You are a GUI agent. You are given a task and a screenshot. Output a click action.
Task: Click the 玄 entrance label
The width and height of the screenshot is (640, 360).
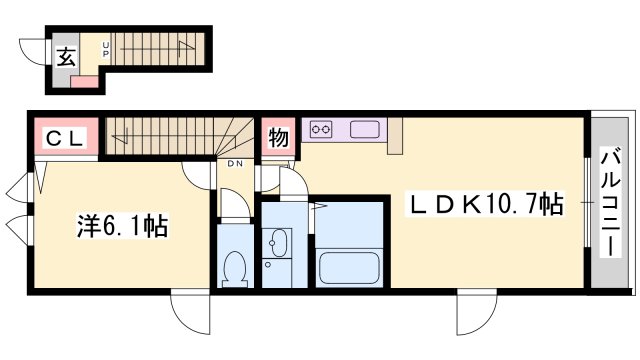(x=66, y=57)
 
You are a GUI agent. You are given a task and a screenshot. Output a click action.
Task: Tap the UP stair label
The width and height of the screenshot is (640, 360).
(x=106, y=49)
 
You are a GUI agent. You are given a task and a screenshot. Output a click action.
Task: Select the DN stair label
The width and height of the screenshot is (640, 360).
(x=235, y=164)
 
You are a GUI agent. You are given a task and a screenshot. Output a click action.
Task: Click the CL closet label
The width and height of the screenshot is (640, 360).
(x=65, y=138)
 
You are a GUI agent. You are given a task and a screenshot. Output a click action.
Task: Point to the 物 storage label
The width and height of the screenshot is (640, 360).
(x=278, y=137)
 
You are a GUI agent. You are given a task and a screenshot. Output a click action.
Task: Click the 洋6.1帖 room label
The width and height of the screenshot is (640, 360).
(x=122, y=226)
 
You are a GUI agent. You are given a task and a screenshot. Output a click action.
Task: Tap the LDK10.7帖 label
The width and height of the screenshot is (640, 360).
(x=484, y=204)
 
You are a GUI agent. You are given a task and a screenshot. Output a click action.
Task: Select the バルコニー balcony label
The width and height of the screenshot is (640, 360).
(x=610, y=203)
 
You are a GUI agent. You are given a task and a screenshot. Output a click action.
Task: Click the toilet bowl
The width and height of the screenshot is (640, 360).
(x=234, y=269)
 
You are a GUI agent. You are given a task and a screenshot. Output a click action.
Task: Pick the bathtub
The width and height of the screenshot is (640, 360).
(x=349, y=267)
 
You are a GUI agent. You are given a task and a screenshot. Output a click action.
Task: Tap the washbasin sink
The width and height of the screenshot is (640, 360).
(x=279, y=243)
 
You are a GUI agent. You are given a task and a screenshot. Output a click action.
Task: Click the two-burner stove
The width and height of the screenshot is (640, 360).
(x=321, y=130)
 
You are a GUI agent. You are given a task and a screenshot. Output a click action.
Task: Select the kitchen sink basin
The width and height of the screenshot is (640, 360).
(x=364, y=129)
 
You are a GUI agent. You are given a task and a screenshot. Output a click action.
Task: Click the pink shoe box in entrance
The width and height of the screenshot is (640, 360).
(x=84, y=81)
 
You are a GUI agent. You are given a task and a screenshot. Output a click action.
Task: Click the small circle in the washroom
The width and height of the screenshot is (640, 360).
(x=268, y=265)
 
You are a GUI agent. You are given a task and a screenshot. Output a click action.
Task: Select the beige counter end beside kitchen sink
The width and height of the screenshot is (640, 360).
(x=395, y=136)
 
